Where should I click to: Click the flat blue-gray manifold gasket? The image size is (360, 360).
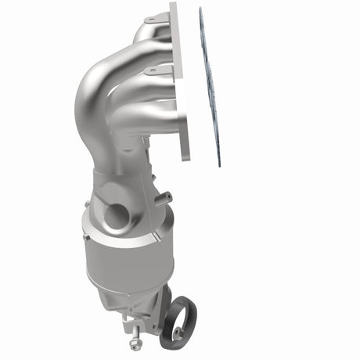211,86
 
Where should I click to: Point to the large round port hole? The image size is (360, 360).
116,215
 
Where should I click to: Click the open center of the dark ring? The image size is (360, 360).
181,320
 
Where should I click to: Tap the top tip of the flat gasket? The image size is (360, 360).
201,10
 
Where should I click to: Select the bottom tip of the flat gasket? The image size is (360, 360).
219,164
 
